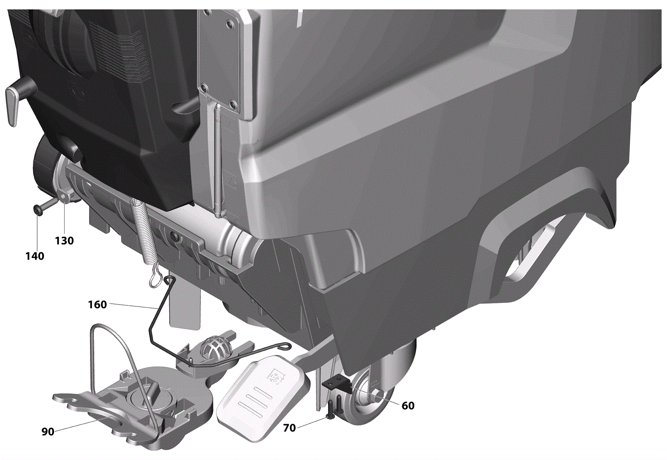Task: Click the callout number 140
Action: point(35,255)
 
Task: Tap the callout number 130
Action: point(64,240)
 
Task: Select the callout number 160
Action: point(98,305)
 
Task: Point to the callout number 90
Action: point(48,432)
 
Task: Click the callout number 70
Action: point(289,428)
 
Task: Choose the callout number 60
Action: point(408,405)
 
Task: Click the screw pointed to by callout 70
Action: point(331,410)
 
